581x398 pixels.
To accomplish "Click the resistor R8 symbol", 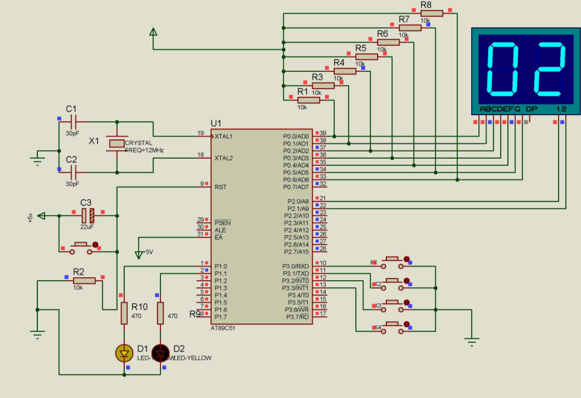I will pos(432,13).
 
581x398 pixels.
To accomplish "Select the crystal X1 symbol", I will pos(117,144).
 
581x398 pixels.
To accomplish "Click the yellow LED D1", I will pos(124,352).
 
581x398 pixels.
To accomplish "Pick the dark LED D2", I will pos(160,352).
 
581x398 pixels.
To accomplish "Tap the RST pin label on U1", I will pos(221,187).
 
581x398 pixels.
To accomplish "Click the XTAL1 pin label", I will pos(224,137).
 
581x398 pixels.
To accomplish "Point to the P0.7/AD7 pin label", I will pos(296,187).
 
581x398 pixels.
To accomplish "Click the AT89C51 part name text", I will pos(223,328).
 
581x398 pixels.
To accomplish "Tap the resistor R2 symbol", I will pos(84,280).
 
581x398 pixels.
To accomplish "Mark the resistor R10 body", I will pos(124,313).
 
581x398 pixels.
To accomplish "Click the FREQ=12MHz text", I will pos(145,151).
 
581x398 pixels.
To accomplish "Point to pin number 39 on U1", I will pos(323,133).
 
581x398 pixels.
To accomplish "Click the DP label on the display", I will pos(531,109).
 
